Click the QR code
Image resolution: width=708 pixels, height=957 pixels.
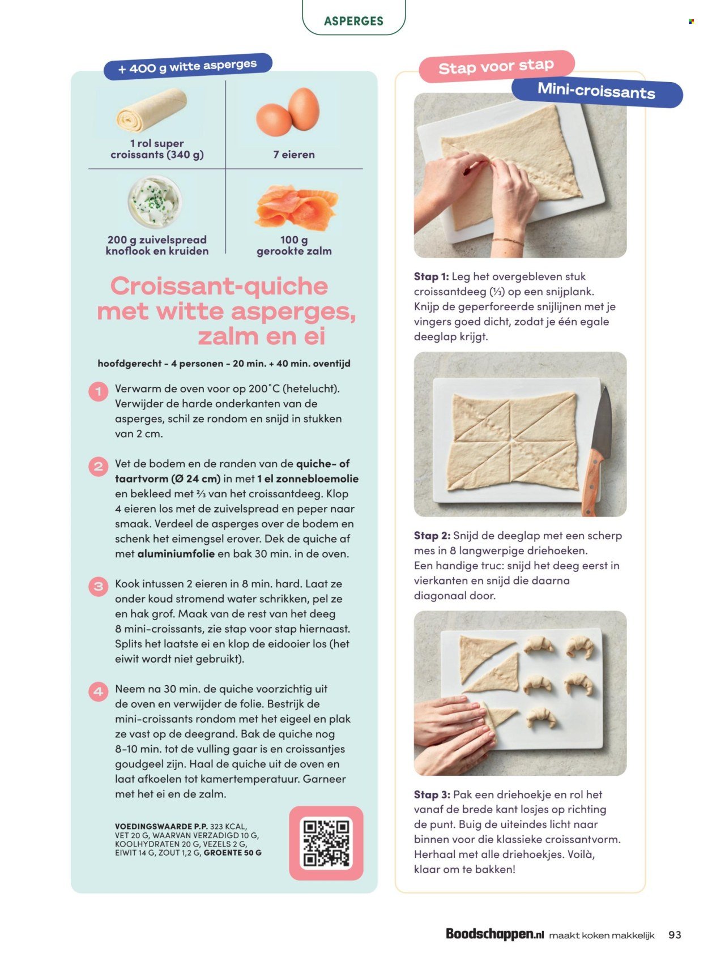326,843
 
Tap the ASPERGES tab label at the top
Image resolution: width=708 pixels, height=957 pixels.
353,21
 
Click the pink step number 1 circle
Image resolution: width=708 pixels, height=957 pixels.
99,391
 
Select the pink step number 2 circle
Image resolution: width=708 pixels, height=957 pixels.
99,467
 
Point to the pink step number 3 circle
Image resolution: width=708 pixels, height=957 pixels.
99,586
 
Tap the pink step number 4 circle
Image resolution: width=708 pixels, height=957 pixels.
99,691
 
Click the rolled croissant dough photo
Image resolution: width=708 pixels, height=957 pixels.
152,110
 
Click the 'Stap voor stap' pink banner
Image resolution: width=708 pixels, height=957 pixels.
496,67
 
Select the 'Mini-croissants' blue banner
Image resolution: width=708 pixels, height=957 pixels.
596,91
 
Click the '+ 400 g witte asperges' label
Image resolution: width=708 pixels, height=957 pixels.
187,67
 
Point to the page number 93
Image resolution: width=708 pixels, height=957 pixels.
675,934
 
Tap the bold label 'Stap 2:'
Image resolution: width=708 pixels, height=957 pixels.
432,536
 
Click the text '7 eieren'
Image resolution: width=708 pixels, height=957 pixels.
294,155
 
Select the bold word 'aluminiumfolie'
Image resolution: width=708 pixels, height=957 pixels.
176,554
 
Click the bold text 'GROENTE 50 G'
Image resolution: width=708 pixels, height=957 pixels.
232,852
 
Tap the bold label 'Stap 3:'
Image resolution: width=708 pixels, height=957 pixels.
432,794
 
